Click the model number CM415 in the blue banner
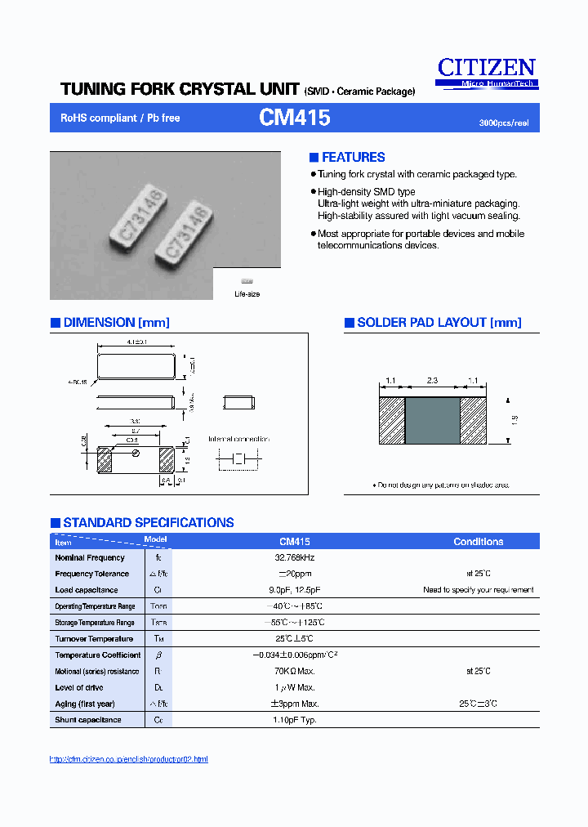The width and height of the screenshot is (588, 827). point(294,118)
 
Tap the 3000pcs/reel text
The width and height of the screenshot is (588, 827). point(503,123)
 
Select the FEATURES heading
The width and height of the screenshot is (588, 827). point(353,158)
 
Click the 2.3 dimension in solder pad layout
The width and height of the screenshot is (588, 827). point(433,381)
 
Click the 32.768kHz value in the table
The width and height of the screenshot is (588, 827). point(295,557)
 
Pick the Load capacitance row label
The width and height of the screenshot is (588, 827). point(87,590)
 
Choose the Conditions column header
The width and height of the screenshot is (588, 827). point(478,542)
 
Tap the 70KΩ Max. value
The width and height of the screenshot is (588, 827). point(295,671)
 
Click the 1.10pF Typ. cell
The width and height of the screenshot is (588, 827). point(295,720)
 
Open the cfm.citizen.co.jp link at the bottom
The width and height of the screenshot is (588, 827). point(129,759)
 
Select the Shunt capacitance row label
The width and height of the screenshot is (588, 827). point(88,720)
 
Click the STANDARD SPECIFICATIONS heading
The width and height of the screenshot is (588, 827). point(148,523)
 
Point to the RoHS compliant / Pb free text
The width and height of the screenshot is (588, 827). point(120,118)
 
